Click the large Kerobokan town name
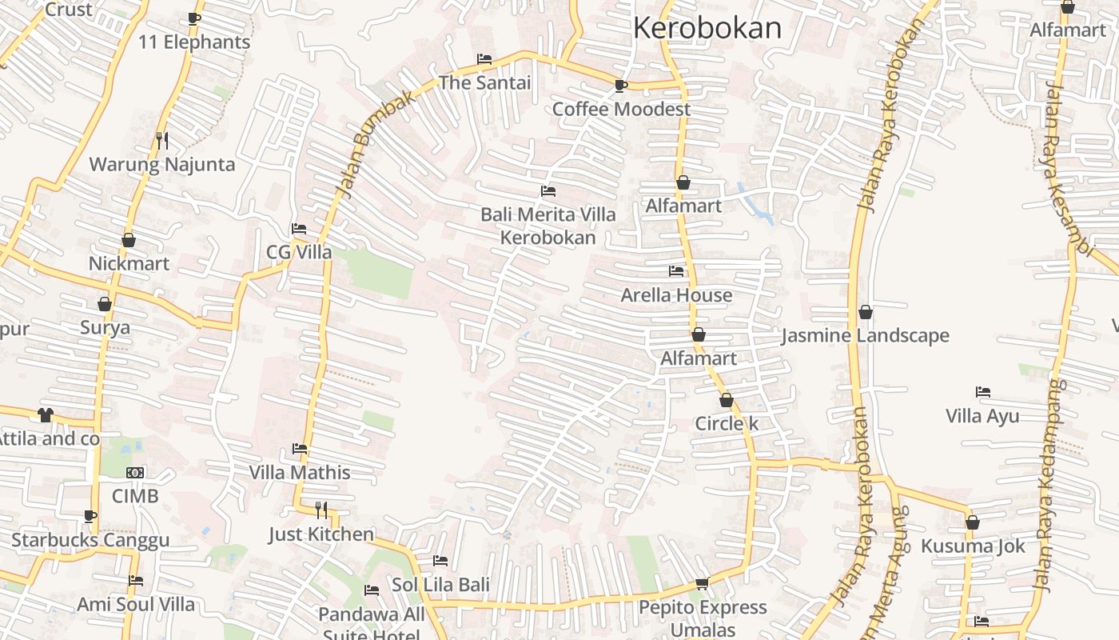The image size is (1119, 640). click(707, 28)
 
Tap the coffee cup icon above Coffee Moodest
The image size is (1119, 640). click(621, 86)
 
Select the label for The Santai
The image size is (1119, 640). click(484, 82)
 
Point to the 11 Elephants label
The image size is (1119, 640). click(194, 42)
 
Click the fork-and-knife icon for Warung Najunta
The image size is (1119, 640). click(162, 141)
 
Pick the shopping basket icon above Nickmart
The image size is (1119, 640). click(129, 240)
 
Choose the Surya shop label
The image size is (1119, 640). click(105, 327)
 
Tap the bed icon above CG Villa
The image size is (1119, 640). click(299, 229)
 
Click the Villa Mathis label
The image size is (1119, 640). click(300, 472)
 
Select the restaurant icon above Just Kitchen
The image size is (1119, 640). click(321, 510)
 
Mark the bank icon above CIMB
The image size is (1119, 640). click(135, 473)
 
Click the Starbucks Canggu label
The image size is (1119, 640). click(90, 540)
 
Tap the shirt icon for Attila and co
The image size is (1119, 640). click(46, 414)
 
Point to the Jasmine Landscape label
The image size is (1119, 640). click(865, 335)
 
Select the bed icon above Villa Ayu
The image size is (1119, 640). click(983, 392)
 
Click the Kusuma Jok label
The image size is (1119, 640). click(973, 546)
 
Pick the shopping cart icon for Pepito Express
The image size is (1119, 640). click(703, 584)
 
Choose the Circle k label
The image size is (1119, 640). click(727, 423)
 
